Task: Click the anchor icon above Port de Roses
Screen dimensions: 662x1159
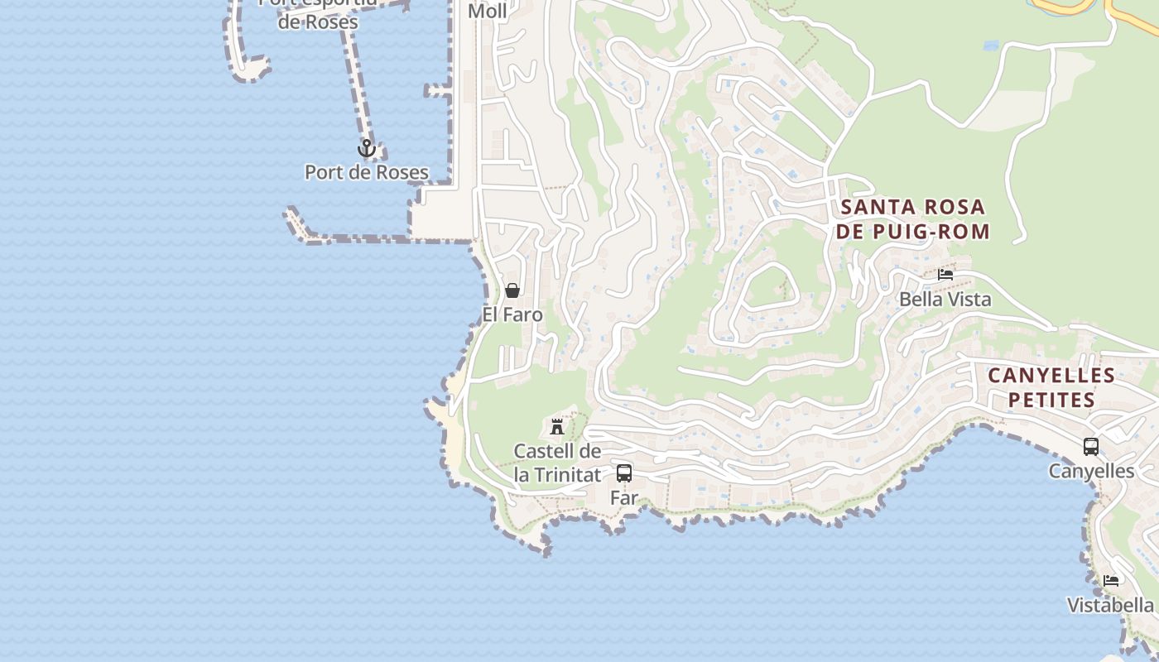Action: tap(366, 149)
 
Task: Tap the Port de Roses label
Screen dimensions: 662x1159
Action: tap(366, 172)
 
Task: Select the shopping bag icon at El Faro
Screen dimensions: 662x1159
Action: tap(512, 290)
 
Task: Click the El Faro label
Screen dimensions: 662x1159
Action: tap(512, 314)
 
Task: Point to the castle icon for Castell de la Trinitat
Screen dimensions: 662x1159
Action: tap(557, 427)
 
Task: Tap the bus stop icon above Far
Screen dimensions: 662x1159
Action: tap(624, 473)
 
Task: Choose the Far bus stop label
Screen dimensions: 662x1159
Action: tap(624, 497)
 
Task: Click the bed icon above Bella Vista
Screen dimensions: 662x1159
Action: tap(945, 275)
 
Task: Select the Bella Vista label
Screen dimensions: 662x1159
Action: tap(945, 299)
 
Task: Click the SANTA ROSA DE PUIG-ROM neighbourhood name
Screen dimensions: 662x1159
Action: tap(912, 219)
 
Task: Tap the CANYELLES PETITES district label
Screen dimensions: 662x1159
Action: tap(1051, 387)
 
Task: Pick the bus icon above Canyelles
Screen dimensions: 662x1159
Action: tap(1091, 447)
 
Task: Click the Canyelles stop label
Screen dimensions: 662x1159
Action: tap(1091, 471)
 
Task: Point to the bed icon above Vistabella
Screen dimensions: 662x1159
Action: tap(1111, 581)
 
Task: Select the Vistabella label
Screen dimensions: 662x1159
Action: tap(1109, 605)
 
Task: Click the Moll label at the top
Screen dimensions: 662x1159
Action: tap(488, 11)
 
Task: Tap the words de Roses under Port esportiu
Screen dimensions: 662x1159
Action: tap(318, 22)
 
